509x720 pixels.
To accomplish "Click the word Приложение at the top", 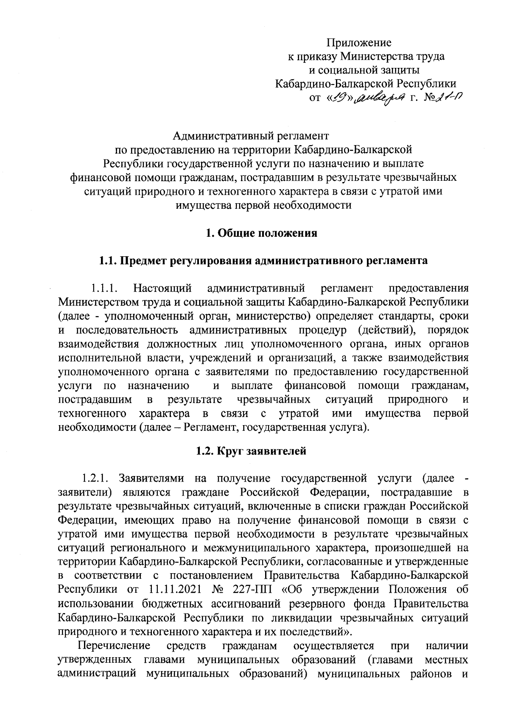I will pos(359,42).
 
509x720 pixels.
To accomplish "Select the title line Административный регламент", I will pos(251,136).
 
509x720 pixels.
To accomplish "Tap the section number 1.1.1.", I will pos(104,289).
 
